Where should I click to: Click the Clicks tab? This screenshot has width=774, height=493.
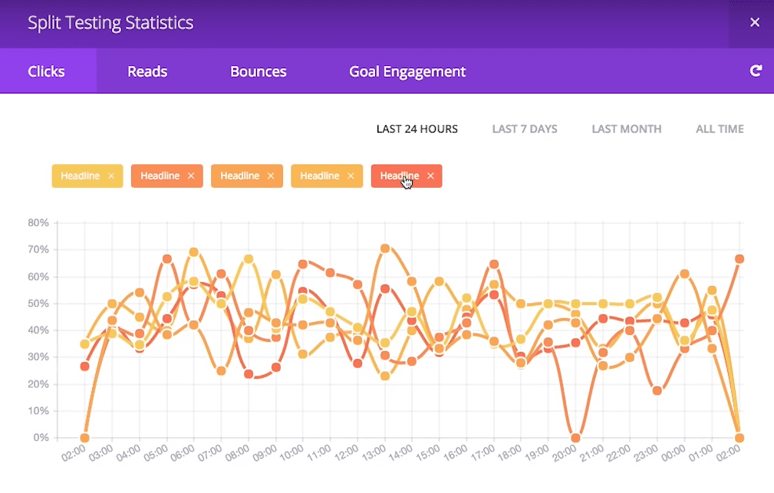tap(47, 71)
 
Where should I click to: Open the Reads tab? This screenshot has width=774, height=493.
tap(147, 71)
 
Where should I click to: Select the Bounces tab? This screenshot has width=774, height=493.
tap(259, 71)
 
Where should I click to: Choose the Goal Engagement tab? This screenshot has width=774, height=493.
tap(407, 71)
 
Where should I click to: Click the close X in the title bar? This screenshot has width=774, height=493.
tap(755, 22)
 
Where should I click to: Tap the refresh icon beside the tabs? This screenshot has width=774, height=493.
tap(756, 71)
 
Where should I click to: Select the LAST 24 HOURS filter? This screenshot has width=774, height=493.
tap(417, 129)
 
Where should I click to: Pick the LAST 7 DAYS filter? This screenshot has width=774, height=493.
tap(525, 129)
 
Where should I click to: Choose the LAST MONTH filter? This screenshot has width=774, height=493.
tap(626, 129)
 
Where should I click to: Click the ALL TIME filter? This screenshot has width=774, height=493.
tap(720, 129)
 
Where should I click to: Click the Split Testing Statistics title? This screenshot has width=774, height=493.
tap(110, 23)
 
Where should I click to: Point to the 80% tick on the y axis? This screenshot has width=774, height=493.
tap(38, 223)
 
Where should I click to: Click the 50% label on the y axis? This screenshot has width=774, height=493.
tap(38, 304)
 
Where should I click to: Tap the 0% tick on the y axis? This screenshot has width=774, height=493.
tap(41, 438)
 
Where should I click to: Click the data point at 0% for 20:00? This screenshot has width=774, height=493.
tap(575, 438)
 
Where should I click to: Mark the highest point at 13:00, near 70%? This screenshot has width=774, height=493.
tap(385, 248)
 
